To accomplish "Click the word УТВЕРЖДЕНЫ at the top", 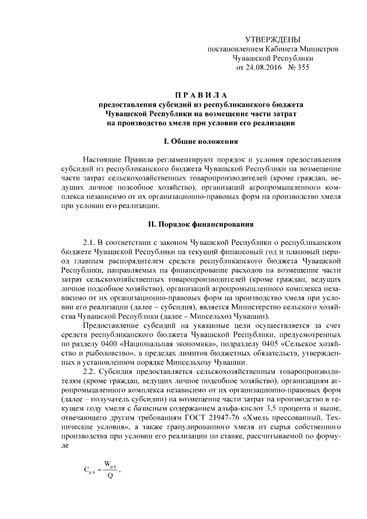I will point(272,40).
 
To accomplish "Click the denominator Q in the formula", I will point(110,480).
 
